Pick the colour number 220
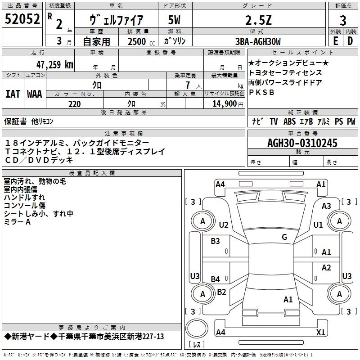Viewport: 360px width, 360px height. pos(74,104)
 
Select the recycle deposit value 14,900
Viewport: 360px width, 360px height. pos(224,104)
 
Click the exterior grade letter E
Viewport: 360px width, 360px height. pos(335,41)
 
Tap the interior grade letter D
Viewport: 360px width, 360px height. pos(350,41)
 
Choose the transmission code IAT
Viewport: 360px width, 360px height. pos(13,94)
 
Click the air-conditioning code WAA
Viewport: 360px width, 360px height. pos(34,94)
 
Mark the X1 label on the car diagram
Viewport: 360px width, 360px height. pos(320,333)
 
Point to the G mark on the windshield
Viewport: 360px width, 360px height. pos(284,237)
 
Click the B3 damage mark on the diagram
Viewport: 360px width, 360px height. pos(216,241)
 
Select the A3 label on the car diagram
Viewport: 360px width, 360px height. pos(326,206)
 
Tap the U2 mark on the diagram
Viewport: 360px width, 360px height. pos(224,225)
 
